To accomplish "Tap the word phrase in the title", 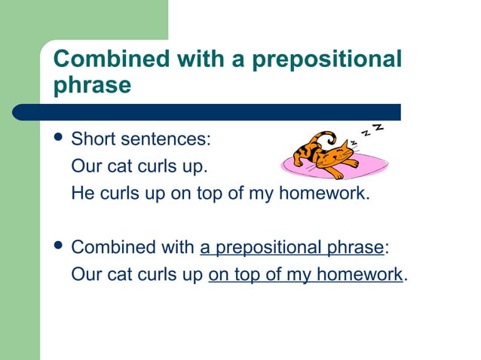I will coord(93,84).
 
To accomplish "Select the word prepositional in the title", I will coord(327,59).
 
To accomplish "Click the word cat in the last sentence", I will coord(117,274).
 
